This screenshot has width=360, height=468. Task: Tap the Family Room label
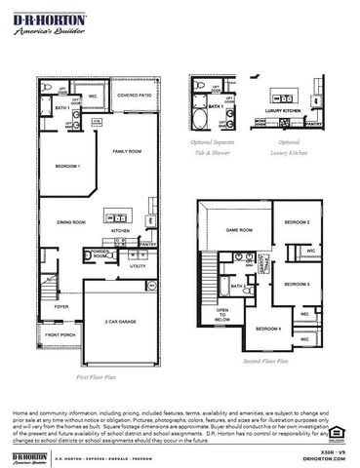[128, 152]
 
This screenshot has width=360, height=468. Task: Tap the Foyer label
[60, 306]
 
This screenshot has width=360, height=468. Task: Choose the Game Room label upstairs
[240, 230]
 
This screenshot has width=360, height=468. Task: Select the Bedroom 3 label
[298, 283]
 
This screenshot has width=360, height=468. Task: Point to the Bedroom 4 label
[268, 329]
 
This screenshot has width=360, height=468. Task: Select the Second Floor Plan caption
[267, 361]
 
